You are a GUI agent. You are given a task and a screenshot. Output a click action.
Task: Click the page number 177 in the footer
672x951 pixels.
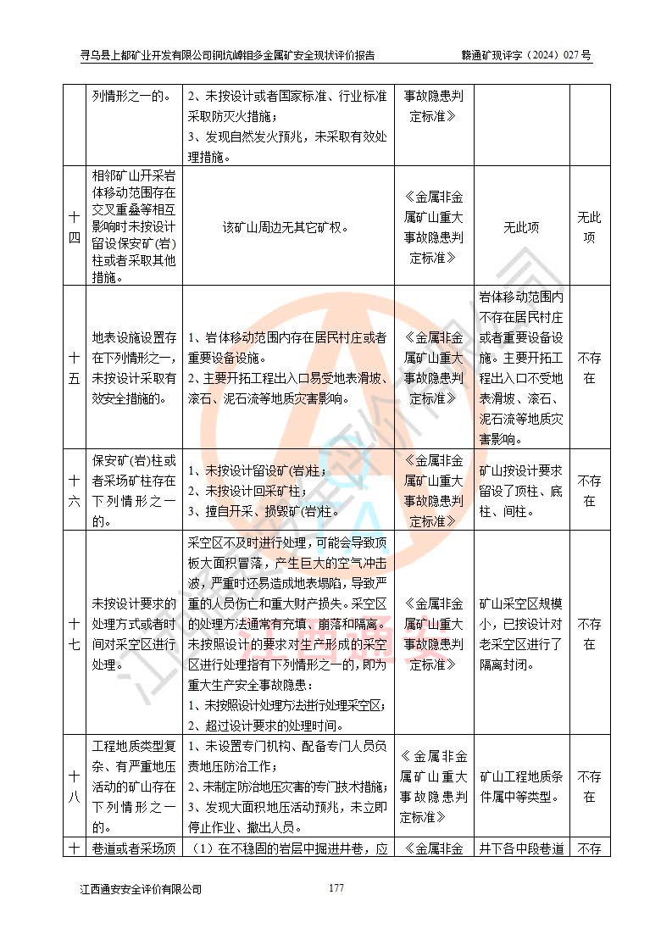(336, 887)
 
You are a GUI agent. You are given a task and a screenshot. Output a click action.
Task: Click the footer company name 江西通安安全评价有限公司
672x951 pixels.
(141, 889)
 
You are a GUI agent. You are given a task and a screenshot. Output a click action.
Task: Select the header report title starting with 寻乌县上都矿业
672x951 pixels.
(227, 56)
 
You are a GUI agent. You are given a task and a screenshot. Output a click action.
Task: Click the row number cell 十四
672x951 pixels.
(75, 227)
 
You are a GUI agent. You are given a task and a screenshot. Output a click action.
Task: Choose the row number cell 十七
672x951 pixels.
(75, 634)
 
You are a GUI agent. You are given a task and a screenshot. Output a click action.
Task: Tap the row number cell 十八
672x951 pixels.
(75, 786)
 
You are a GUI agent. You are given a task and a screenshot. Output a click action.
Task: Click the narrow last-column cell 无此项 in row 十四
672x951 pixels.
(590, 227)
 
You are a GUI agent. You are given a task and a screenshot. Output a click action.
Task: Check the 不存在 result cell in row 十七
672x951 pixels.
(590, 634)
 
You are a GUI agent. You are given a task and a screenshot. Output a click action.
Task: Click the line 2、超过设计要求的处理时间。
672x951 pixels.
(264, 725)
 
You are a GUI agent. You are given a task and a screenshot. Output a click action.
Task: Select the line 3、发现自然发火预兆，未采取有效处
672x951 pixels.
(288, 136)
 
